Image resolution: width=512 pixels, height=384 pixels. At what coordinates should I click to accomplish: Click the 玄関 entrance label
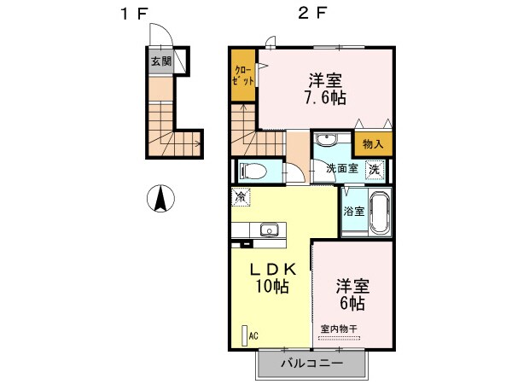pos(161,61)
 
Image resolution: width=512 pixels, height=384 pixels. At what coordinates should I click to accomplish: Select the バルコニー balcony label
pos(311,364)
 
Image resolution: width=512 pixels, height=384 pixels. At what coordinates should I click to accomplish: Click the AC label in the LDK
pos(253,336)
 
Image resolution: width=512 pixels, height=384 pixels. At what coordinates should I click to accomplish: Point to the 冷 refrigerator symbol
pos(241,196)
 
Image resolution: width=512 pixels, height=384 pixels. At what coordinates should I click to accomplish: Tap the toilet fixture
pos(252,169)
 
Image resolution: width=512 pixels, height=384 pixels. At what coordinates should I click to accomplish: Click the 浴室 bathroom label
pos(354,211)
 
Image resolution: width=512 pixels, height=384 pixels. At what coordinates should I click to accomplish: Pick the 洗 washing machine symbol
pos(375,169)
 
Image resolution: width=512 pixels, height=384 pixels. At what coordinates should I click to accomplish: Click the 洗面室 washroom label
pos(341,168)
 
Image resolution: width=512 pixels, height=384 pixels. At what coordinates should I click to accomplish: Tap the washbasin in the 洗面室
pos(324,142)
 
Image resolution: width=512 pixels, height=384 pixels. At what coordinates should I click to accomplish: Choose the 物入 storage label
pos(373,145)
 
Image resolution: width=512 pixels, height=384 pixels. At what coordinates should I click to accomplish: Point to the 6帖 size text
pos(351,303)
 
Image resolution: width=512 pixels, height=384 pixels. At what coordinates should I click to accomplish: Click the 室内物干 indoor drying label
pos(340,329)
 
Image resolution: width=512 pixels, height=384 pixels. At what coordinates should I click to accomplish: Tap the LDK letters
pos(272,269)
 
